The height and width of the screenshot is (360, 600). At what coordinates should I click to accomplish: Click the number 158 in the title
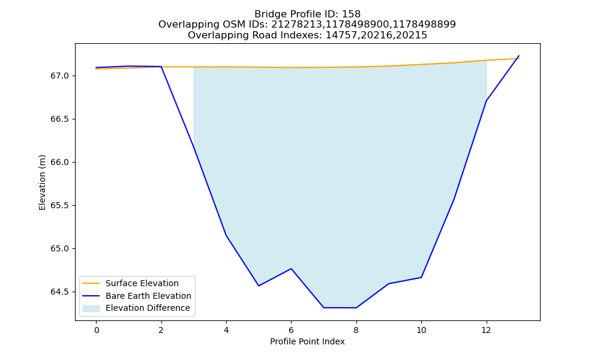(x=351, y=14)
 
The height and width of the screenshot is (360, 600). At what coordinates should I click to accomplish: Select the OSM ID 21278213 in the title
(x=298, y=25)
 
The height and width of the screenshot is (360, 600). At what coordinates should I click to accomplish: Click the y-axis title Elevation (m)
(x=42, y=182)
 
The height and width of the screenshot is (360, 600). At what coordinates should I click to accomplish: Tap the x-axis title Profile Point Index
(x=307, y=341)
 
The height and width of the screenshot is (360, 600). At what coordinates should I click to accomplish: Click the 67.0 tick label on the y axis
(x=59, y=76)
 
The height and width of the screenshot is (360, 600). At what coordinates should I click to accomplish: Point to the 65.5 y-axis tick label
(x=59, y=206)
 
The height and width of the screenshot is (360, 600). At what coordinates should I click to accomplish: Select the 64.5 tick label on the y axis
(x=59, y=292)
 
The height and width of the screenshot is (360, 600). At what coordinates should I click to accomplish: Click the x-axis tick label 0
(x=97, y=330)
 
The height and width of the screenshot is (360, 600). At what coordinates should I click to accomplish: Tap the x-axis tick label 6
(x=291, y=330)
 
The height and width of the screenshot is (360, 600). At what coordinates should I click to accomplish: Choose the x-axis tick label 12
(x=486, y=330)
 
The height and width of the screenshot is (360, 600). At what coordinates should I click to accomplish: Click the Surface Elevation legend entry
(x=142, y=283)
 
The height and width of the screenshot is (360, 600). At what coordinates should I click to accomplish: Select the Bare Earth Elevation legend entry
(x=148, y=296)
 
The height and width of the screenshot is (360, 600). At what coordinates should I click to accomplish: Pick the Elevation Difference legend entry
(x=148, y=308)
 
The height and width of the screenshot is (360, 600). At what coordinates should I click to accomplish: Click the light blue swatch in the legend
(x=91, y=308)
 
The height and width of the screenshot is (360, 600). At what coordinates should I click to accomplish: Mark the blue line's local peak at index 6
(x=291, y=269)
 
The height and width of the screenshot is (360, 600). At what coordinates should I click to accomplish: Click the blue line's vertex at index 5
(x=259, y=286)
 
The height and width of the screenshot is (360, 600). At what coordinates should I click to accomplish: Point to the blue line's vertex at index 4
(x=226, y=235)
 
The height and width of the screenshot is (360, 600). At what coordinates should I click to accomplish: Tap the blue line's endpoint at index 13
(x=519, y=55)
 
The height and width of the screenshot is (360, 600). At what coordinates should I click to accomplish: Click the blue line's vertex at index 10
(x=421, y=277)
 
